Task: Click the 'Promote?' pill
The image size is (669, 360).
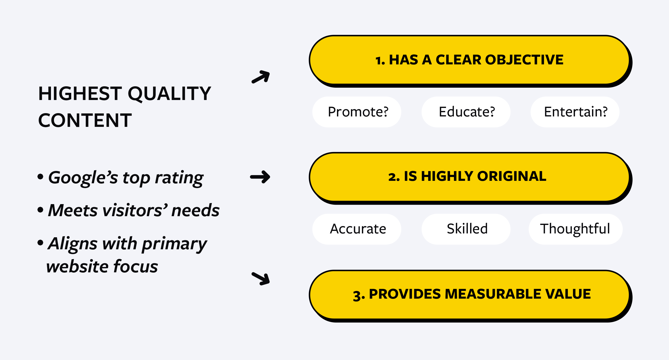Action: point(357,112)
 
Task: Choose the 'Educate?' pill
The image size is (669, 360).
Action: point(466,112)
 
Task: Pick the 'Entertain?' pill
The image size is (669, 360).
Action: point(575,112)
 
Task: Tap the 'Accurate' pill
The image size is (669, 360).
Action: point(357,229)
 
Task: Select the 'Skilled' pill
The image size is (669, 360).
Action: point(466,229)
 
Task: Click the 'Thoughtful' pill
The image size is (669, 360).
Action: point(575,229)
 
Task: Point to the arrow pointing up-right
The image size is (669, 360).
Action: point(261,77)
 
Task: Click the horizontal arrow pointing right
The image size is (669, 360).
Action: point(260,177)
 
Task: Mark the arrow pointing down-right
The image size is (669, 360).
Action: point(261,278)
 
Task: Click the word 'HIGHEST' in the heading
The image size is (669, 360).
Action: point(80,94)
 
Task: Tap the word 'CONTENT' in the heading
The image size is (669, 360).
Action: point(85,121)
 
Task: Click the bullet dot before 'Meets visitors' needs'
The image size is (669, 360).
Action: point(40,210)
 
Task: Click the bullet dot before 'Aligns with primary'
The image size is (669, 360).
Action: point(40,243)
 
